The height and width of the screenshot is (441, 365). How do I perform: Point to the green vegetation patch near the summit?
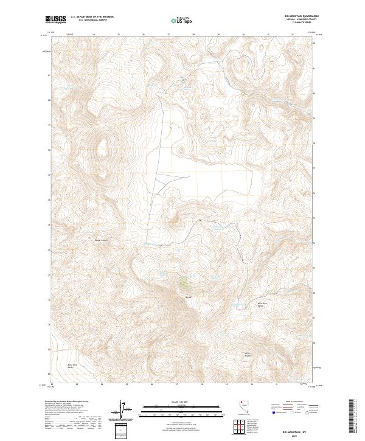(x=184, y=282)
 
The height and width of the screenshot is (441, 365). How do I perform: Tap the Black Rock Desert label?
(x=74, y=366)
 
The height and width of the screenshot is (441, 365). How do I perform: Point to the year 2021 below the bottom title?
(x=296, y=435)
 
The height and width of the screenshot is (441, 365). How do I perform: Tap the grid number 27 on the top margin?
(x=168, y=35)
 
